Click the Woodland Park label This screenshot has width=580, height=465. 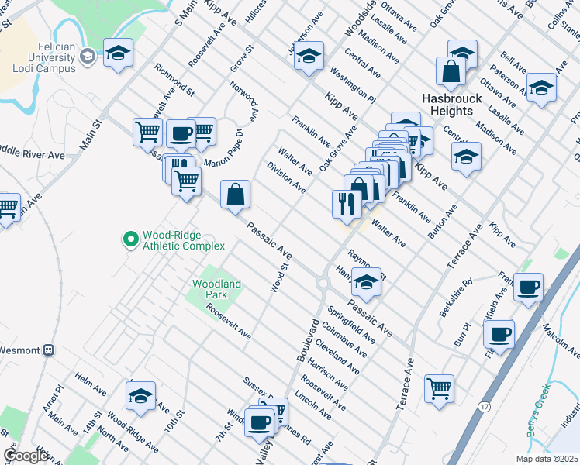click(217, 289)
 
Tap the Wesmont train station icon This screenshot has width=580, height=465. click(50, 350)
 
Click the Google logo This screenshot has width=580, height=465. click(26, 456)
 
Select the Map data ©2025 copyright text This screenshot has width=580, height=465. click(546, 459)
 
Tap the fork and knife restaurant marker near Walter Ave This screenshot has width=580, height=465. click(345, 203)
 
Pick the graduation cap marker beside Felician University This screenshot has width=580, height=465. click(118, 53)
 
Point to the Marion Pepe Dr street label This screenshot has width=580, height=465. click(224, 148)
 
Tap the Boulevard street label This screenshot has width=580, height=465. click(306, 338)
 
